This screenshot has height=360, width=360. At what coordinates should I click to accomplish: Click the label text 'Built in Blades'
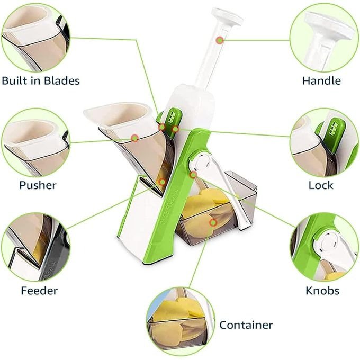pos(41,81)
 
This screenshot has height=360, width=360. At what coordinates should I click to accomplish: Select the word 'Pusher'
pos(38,185)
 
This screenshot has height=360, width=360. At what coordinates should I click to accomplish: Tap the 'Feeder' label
pos(39,290)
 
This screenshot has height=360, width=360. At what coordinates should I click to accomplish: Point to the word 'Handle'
pos(321,81)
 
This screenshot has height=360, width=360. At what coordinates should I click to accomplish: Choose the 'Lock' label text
pos(321,185)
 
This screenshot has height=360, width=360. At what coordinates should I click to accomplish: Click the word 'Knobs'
pos(322,290)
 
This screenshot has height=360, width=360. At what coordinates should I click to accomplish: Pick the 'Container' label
pos(246,325)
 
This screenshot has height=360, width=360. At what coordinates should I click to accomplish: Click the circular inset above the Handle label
pos(322,37)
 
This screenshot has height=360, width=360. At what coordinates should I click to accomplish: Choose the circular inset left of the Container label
pos(180,321)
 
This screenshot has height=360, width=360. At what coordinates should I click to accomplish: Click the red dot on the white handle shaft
pos(220,39)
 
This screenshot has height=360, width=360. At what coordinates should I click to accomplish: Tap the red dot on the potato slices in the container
pos(213,223)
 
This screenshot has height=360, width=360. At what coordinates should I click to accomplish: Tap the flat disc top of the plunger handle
pos(227,16)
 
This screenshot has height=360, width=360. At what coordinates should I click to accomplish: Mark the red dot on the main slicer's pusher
pos(135,138)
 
